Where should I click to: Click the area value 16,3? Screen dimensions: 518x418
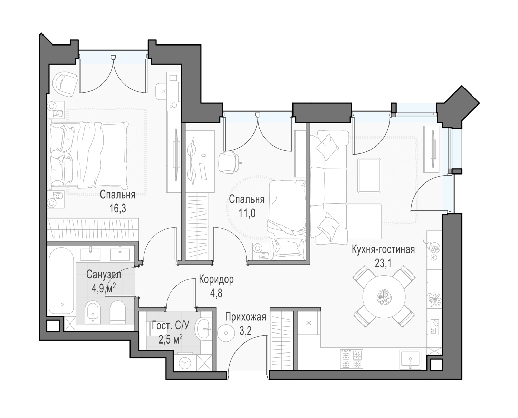point(118,208)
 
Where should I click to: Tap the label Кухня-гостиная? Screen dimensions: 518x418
point(383,250)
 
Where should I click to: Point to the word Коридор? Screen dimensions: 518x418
point(216,280)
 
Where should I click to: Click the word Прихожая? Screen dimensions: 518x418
point(246,317)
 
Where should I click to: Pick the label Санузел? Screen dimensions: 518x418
point(104,275)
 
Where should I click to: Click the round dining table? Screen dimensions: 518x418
point(384,296)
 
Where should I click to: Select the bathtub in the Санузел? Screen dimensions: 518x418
point(61,281)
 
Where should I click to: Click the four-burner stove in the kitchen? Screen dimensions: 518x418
point(352,358)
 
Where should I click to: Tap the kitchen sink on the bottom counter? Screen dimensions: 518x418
point(411,359)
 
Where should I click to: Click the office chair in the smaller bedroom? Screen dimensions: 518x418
point(229,162)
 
